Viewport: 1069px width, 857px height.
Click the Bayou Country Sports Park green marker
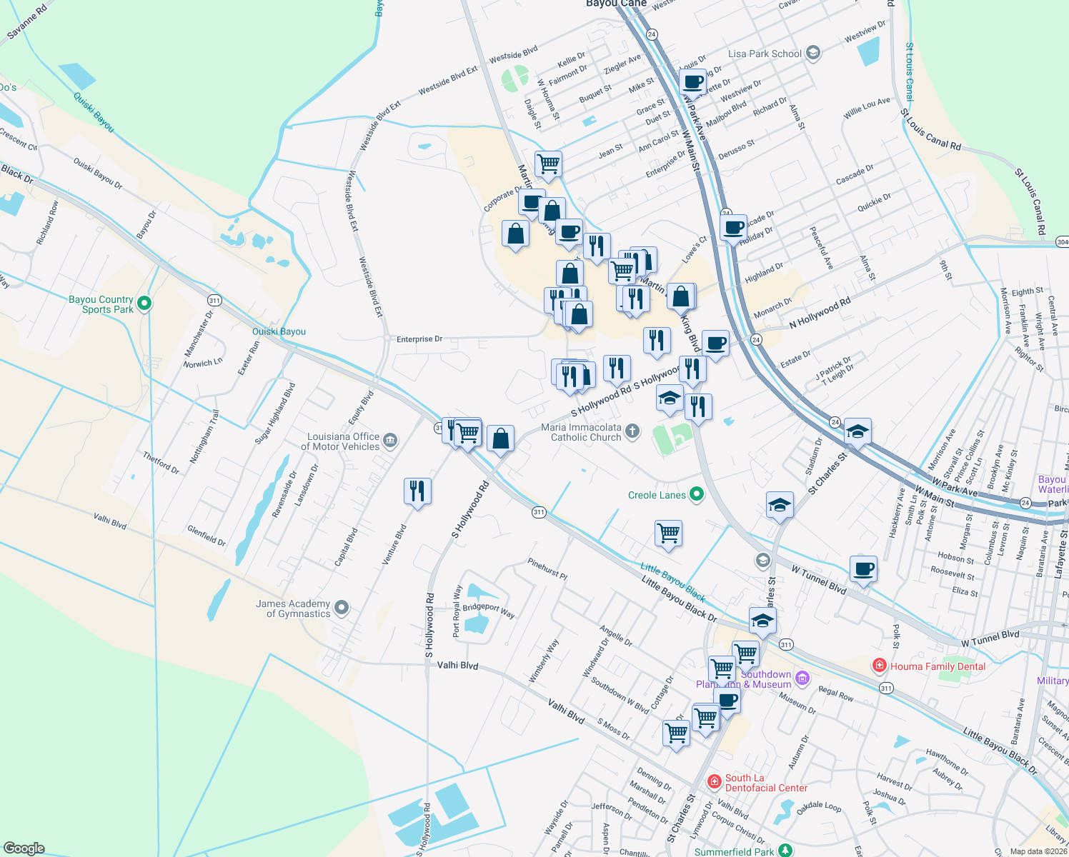pyautogui.click(x=144, y=304)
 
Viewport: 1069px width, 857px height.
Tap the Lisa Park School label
pyautogui.click(x=765, y=54)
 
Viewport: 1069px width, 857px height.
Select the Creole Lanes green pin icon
pyautogui.click(x=697, y=494)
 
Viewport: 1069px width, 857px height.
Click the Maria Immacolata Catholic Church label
pyautogui.click(x=581, y=432)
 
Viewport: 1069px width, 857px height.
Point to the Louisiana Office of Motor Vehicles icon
pyautogui.click(x=390, y=440)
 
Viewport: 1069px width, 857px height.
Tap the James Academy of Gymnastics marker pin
pyautogui.click(x=342, y=608)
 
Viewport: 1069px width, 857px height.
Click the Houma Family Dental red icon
pyautogui.click(x=879, y=666)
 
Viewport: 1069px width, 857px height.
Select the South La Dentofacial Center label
pyautogui.click(x=765, y=783)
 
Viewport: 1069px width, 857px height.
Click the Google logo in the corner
pyautogui.click(x=24, y=848)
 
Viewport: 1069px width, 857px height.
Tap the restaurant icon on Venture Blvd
pyautogui.click(x=417, y=491)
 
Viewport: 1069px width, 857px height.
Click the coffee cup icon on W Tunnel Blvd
pyautogui.click(x=863, y=569)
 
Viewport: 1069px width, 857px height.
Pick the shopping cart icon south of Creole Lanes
pyautogui.click(x=668, y=533)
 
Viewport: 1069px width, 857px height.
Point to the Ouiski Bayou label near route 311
pyautogui.click(x=279, y=331)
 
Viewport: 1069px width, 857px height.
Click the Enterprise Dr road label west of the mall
pyautogui.click(x=419, y=339)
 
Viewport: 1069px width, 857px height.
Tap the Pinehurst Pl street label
pyautogui.click(x=547, y=568)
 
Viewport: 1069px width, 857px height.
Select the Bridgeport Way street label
pyautogui.click(x=489, y=611)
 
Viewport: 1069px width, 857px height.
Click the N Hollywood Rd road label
pyautogui.click(x=820, y=314)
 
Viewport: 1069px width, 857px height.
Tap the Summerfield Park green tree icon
pyautogui.click(x=785, y=850)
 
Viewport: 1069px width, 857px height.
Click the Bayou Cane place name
pyautogui.click(x=616, y=4)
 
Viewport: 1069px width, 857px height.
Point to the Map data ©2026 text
pyautogui.click(x=1037, y=851)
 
